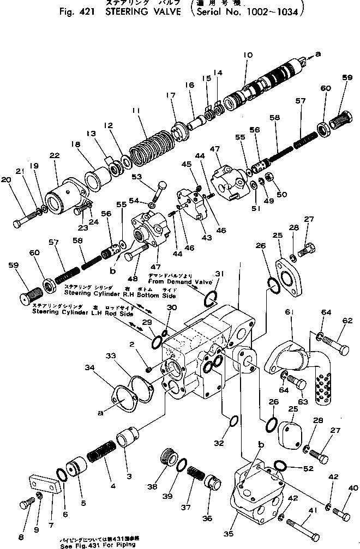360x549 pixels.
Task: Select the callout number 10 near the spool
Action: (x=248, y=55)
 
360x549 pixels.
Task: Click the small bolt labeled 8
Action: (x=26, y=504)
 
